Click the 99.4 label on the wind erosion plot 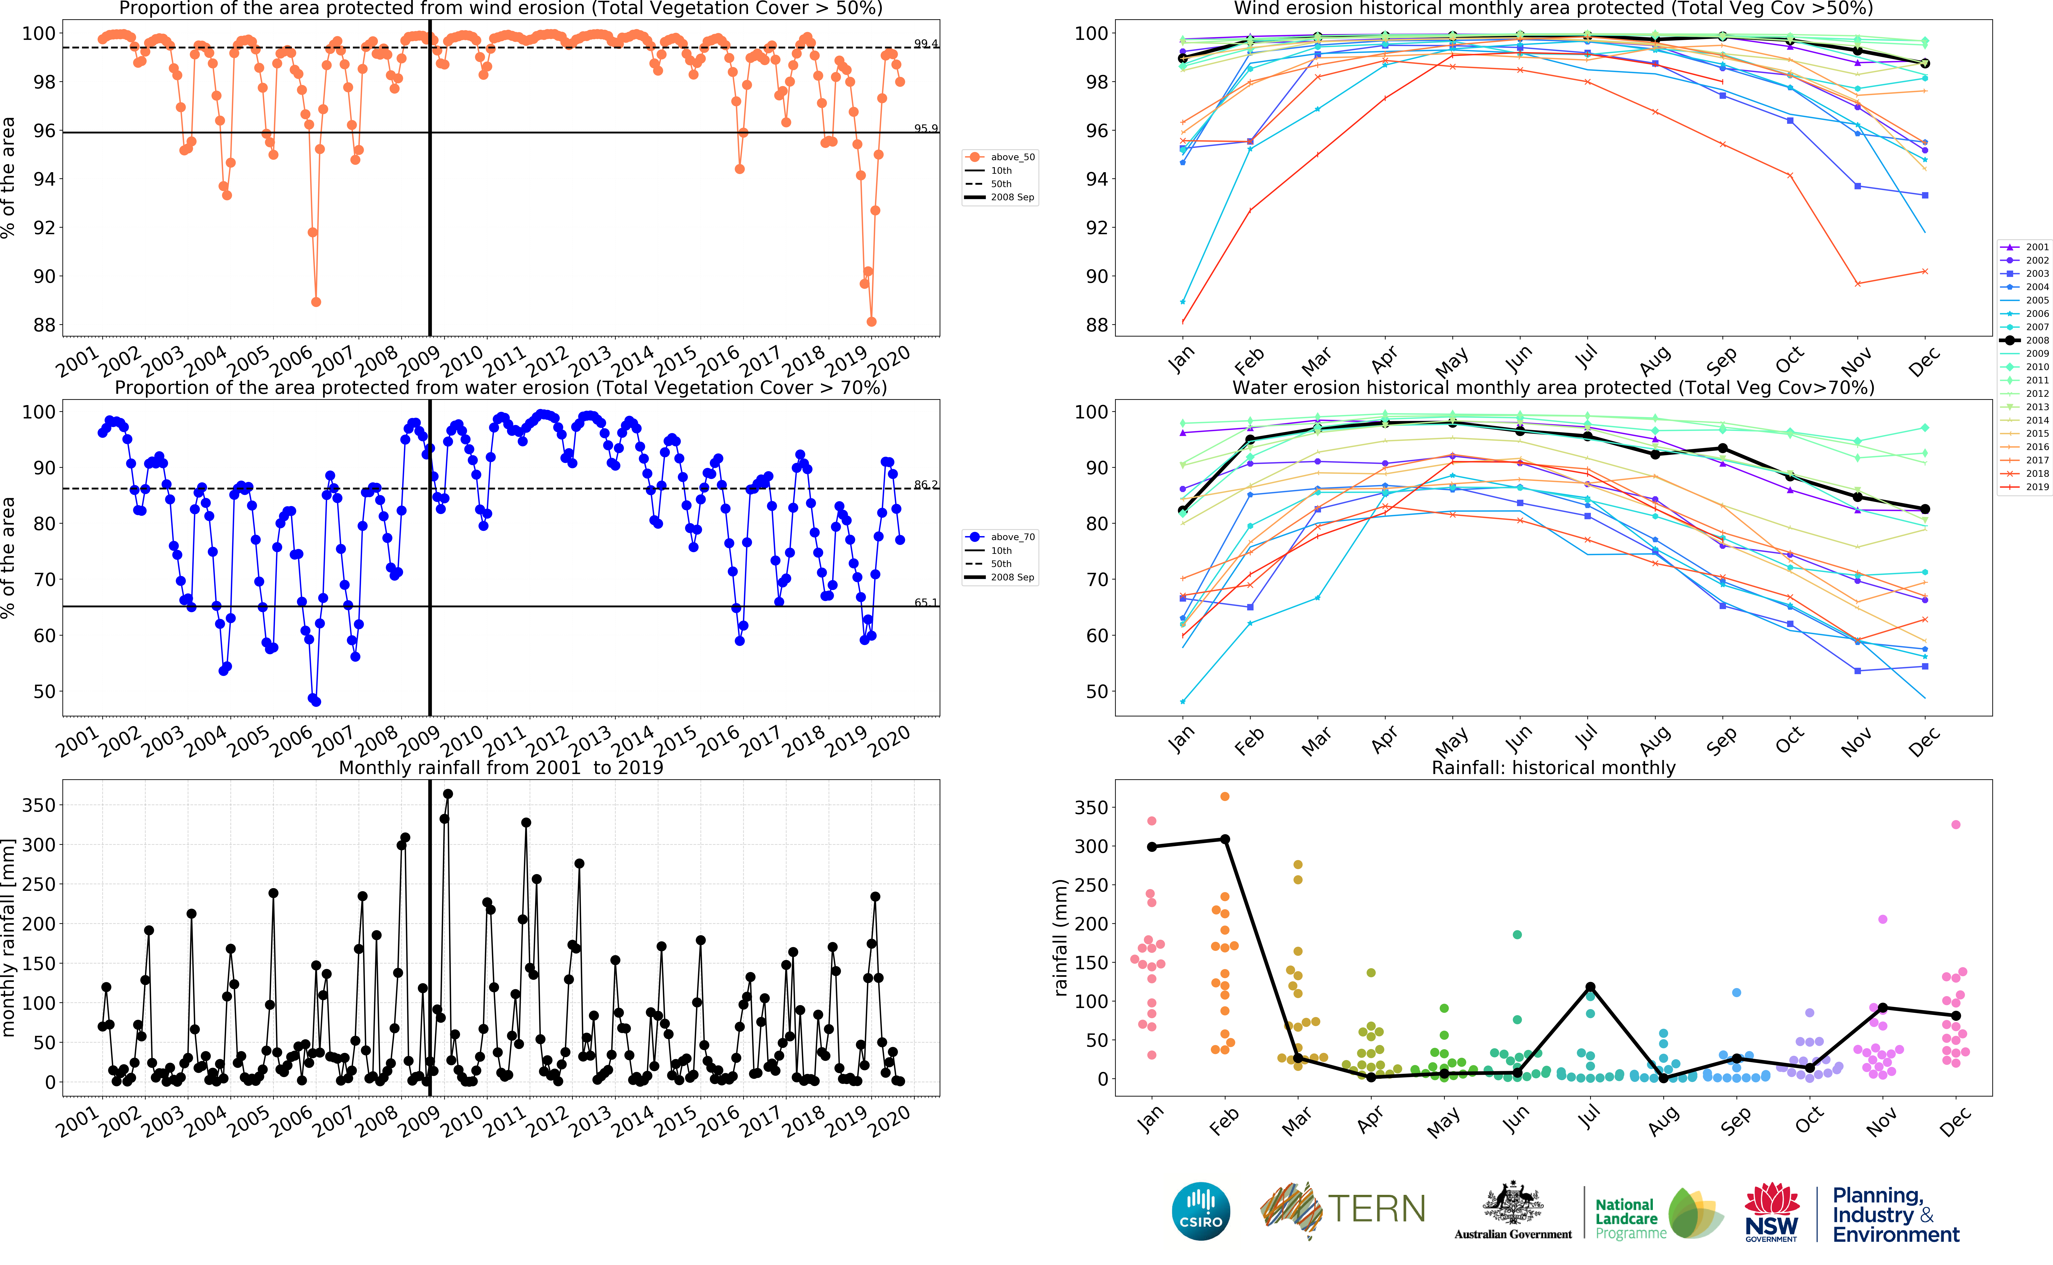coord(925,44)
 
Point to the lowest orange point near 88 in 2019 coord(871,321)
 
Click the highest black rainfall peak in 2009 coord(448,794)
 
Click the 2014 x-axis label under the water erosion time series coord(633,740)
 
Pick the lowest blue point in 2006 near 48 coord(316,701)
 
